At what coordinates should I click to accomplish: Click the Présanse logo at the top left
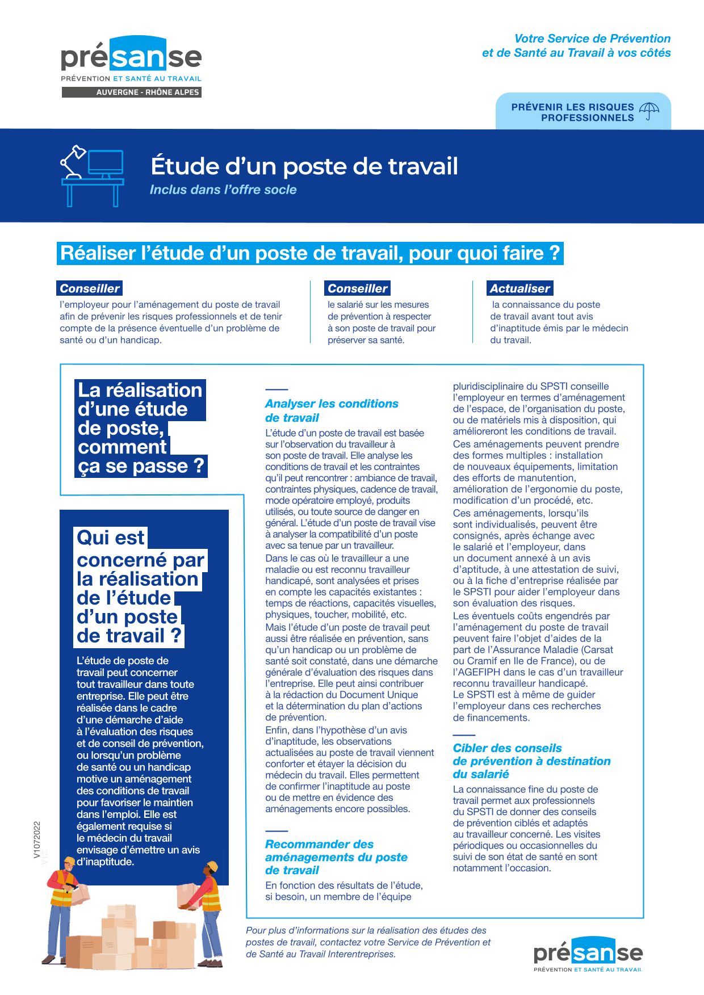131,60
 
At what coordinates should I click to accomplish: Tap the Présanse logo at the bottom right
588,954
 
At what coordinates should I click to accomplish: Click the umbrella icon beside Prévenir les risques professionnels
649,111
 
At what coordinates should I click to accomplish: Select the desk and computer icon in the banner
93,175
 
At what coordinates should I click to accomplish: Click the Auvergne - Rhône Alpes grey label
132,92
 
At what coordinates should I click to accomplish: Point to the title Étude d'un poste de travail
304,166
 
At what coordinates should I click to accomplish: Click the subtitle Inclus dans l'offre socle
223,190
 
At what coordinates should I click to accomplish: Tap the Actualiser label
519,288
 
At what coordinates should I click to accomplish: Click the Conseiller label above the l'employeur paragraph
90,288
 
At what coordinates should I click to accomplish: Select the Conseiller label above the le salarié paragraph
358,288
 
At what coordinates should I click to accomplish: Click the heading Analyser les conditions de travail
332,410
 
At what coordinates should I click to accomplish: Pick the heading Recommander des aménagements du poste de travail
336,857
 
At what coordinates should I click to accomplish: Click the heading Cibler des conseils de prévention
531,761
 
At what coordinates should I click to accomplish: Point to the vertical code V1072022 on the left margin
37,839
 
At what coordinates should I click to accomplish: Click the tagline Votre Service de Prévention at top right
592,39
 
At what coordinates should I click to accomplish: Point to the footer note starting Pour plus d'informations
368,942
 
